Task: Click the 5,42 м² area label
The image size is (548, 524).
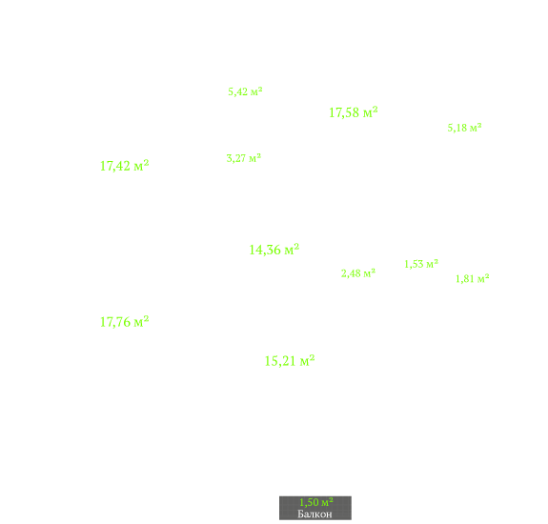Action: coord(245,91)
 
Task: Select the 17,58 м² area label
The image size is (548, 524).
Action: coord(354,112)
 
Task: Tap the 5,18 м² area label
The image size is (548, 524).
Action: coord(464,128)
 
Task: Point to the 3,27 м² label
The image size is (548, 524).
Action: coord(244,158)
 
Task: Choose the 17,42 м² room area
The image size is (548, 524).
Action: coord(125,166)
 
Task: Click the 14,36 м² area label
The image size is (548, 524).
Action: coord(274,250)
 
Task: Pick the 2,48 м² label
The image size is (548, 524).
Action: coord(358,273)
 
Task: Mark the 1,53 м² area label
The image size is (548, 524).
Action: coord(421,264)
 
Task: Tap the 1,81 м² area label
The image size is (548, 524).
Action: coord(472,278)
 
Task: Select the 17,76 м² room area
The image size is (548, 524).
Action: coord(125,322)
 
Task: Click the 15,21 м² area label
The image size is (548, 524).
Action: coord(290,361)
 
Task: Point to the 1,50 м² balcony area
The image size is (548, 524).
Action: coord(316,502)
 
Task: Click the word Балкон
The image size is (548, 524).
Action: coord(315,514)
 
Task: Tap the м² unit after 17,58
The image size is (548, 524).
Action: coord(371,112)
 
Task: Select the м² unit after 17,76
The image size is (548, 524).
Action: coord(142,322)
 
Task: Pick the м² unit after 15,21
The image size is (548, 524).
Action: coord(307,361)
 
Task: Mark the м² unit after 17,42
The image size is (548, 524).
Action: coord(142,166)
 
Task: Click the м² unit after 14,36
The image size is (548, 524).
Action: coord(292,250)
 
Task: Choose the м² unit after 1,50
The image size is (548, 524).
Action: coord(327,502)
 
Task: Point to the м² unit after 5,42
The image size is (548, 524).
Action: coord(256,91)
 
